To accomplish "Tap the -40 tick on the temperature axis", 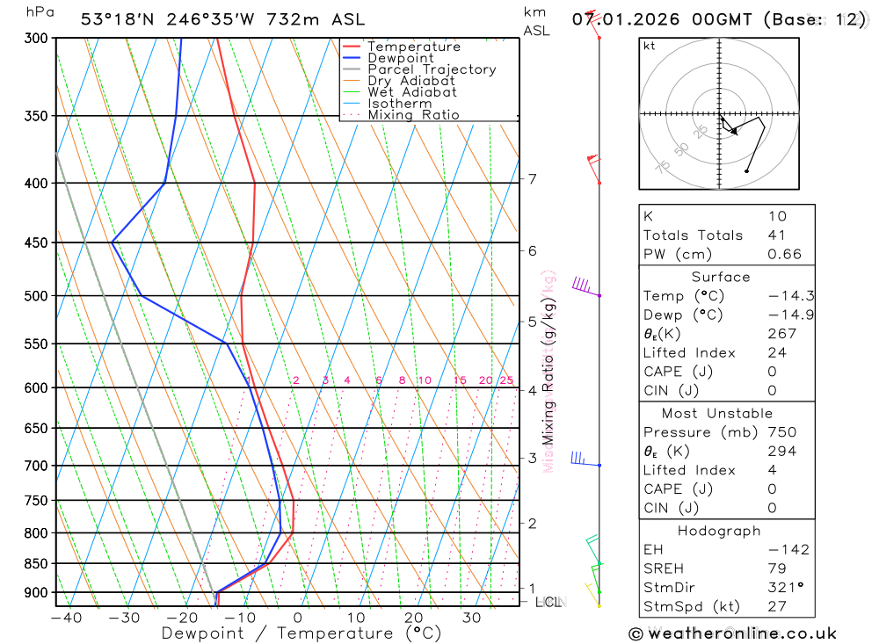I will point(66,618).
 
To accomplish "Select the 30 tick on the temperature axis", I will point(471,618).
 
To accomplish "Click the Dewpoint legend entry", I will point(400,58).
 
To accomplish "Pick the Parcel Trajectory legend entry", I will point(431,69).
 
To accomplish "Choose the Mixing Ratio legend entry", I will point(413,115).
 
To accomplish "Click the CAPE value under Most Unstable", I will point(771,488).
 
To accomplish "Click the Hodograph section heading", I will point(719,531).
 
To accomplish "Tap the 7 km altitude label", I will point(532,179).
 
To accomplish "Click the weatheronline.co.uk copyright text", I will point(732,633).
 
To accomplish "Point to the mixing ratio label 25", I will point(506,380).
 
